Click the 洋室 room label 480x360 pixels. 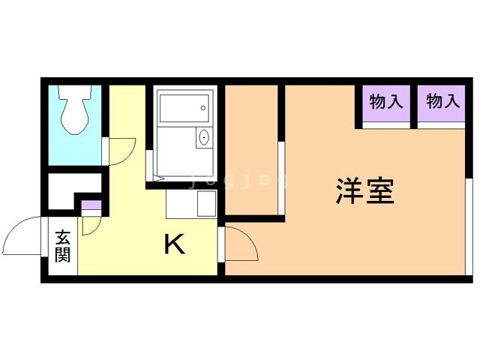[365, 190]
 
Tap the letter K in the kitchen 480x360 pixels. [175, 244]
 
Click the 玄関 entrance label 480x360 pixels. [63, 246]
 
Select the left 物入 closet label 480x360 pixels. [385, 102]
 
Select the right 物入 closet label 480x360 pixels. [443, 101]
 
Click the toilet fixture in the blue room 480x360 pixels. [75, 109]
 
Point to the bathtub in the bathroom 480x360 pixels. [184, 108]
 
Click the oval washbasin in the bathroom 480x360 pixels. [204, 137]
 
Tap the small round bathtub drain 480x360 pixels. [203, 108]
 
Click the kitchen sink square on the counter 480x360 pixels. [206, 203]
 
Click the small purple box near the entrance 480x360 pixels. [91, 205]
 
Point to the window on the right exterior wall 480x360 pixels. [469, 226]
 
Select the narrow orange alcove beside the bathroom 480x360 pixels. [251, 150]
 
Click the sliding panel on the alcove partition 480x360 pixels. [281, 178]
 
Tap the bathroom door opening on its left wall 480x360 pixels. [149, 166]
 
